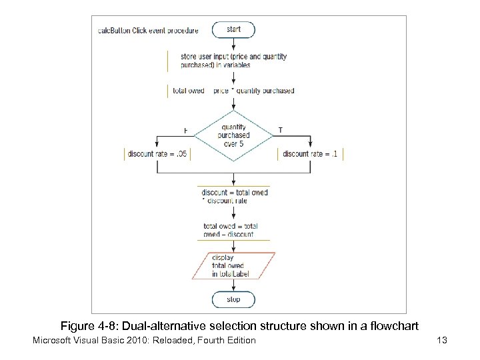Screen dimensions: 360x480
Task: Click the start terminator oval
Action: pyautogui.click(x=233, y=29)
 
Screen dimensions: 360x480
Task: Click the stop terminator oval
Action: pyautogui.click(x=233, y=300)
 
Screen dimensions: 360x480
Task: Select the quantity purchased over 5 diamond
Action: pyautogui.click(x=233, y=135)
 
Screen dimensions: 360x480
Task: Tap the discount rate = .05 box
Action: pyautogui.click(x=158, y=154)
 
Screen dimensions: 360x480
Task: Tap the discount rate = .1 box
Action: pyautogui.click(x=309, y=154)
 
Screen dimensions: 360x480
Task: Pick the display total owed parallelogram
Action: pyautogui.click(x=233, y=265)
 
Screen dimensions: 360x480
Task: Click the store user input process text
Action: pyautogui.click(x=233, y=61)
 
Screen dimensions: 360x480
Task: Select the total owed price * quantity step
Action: pyautogui.click(x=233, y=91)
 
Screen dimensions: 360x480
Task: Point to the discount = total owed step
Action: pyautogui.click(x=233, y=197)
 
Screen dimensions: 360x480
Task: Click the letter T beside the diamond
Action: pyautogui.click(x=279, y=130)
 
